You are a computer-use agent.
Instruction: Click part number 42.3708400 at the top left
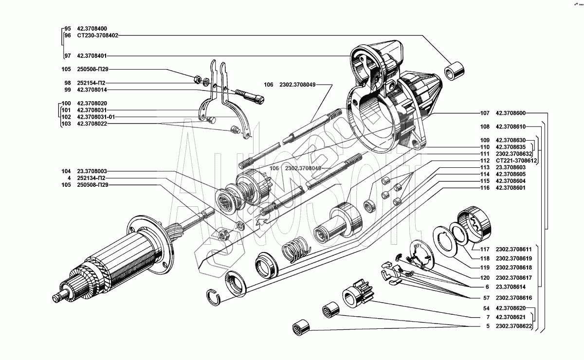[92, 28]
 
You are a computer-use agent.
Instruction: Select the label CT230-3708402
[97, 36]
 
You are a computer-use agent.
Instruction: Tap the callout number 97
[68, 56]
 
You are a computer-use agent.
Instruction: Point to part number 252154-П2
[91, 83]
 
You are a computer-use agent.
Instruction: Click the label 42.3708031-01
[96, 117]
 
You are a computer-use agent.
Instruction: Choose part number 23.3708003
[92, 171]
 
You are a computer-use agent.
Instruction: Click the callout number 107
[485, 113]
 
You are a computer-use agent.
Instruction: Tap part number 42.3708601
[511, 188]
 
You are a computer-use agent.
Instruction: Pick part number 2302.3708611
[513, 249]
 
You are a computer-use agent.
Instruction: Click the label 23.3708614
[511, 287]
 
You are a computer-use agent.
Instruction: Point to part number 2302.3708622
[513, 326]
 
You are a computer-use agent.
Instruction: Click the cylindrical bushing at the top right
[454, 71]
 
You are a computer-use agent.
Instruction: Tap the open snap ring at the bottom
[214, 297]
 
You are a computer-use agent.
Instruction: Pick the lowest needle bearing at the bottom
[301, 327]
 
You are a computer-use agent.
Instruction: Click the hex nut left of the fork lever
[198, 79]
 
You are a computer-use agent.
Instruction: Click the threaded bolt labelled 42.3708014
[250, 96]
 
